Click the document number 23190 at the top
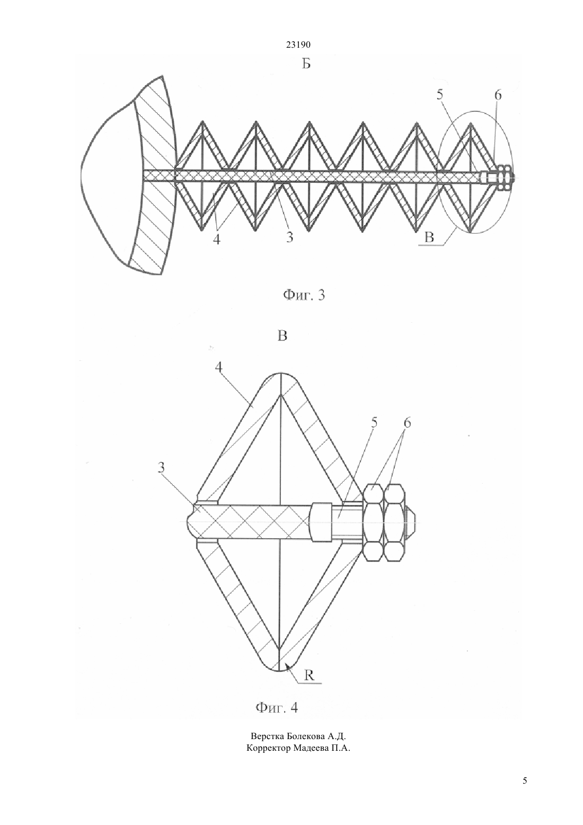298,45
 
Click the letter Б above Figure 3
306,64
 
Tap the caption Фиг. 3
304,295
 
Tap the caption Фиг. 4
277,716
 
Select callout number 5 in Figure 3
440,95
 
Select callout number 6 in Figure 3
498,95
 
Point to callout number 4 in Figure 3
217,240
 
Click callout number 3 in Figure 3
290,237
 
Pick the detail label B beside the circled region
429,237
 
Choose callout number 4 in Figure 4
219,367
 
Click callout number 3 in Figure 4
161,468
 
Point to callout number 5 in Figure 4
374,423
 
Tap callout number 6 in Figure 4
407,423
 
